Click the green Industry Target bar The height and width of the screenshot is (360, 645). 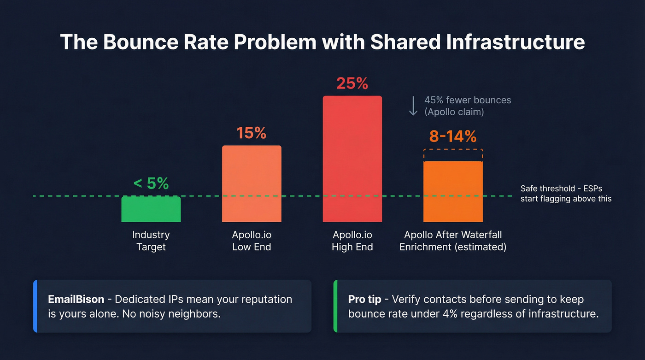pos(151,209)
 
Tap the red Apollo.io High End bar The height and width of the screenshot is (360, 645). pos(352,159)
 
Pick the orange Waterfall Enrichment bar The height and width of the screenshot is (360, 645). pos(453,191)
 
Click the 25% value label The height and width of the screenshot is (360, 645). pos(352,83)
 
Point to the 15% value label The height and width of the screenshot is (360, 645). pos(252,133)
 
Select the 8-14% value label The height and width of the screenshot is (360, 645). pos(453,136)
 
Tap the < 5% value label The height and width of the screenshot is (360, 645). pos(151,183)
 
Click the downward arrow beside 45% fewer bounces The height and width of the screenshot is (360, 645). pos(413,106)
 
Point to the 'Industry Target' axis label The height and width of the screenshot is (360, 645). pos(151,241)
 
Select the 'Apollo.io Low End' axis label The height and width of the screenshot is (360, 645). pos(252,241)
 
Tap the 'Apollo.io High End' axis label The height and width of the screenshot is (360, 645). pos(352,241)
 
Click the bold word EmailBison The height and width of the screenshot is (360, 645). pos(76,299)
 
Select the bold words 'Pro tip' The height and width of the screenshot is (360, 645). pos(364,299)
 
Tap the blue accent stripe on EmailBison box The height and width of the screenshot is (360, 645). pos(35,306)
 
